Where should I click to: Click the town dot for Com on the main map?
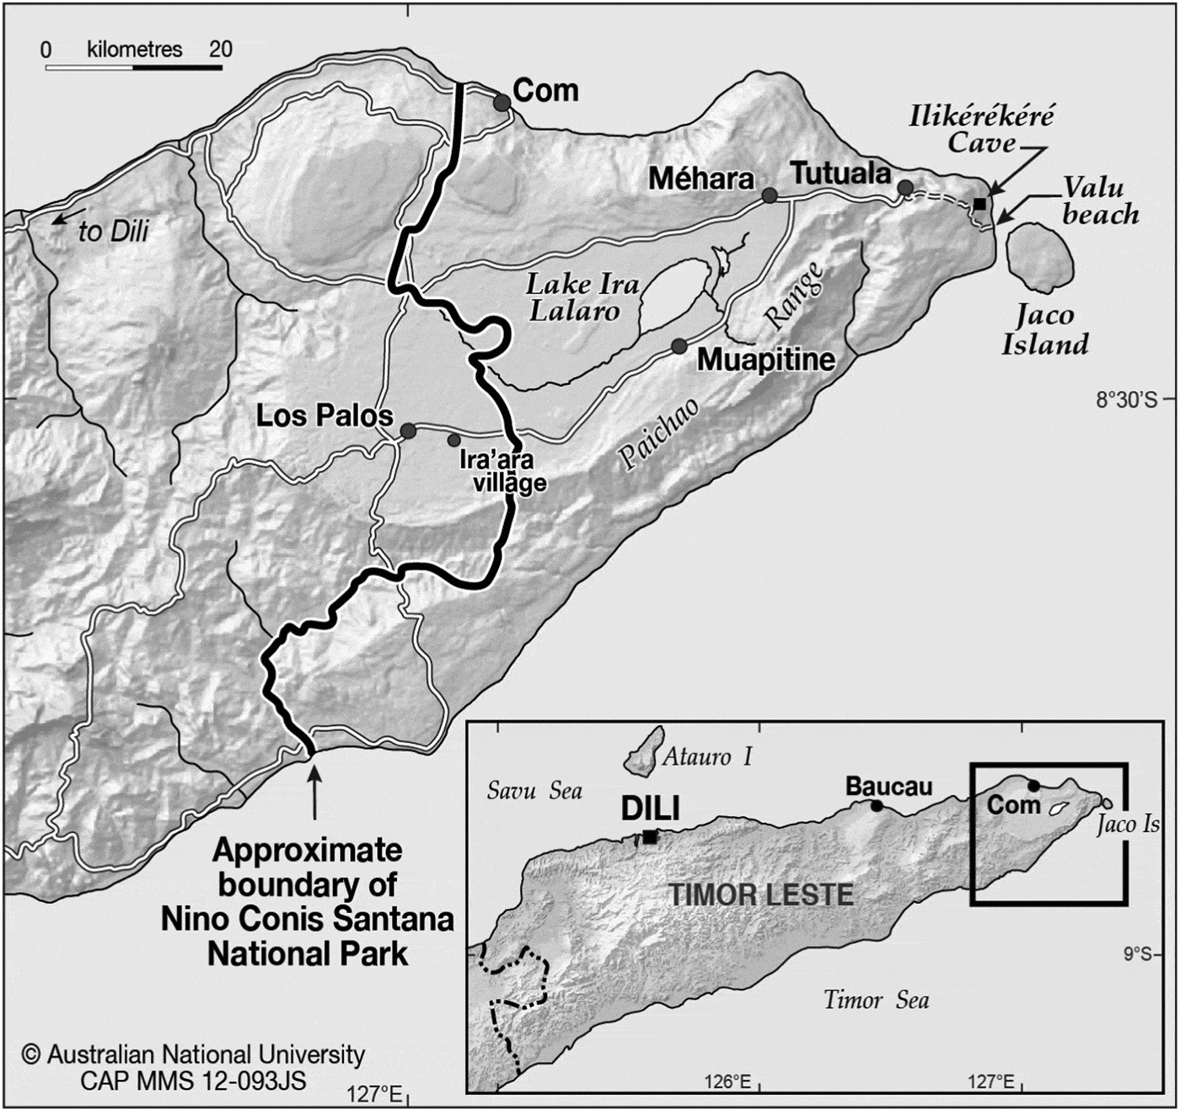(x=501, y=103)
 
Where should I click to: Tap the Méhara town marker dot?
(x=770, y=195)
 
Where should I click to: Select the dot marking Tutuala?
(x=904, y=187)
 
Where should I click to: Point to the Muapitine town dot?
(x=679, y=345)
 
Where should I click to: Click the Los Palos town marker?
(x=409, y=431)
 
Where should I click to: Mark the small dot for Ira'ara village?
(x=454, y=440)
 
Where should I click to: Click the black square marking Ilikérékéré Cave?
(x=979, y=204)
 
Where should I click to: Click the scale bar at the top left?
(x=133, y=66)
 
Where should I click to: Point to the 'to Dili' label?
(x=113, y=231)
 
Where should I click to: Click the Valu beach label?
(x=1098, y=200)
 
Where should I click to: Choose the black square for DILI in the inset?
(x=650, y=836)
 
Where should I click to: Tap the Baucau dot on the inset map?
(x=877, y=806)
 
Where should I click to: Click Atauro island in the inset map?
(x=642, y=752)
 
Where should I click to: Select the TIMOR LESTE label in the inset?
(x=761, y=895)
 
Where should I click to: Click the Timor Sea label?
(x=877, y=1001)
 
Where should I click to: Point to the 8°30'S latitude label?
(x=1126, y=399)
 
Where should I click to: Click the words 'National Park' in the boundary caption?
(x=308, y=953)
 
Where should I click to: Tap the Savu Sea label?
(x=534, y=791)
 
